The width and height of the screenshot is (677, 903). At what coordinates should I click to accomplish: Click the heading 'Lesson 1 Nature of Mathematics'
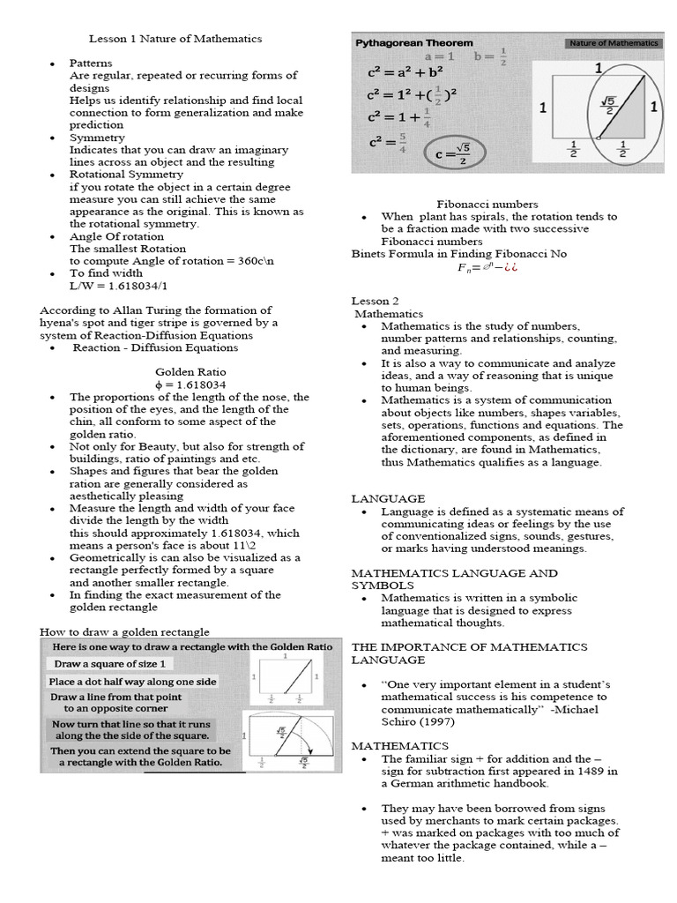175,39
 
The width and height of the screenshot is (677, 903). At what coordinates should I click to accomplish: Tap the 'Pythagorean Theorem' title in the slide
413,42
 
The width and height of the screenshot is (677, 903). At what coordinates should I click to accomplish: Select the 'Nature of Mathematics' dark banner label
614,42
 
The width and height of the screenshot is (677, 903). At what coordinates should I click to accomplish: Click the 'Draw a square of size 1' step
112,663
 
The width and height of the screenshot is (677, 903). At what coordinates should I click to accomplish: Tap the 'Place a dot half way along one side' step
132,682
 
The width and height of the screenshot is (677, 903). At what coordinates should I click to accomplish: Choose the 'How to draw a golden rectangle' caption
124,631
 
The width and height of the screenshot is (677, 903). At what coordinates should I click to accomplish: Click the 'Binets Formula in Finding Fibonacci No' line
459,254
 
